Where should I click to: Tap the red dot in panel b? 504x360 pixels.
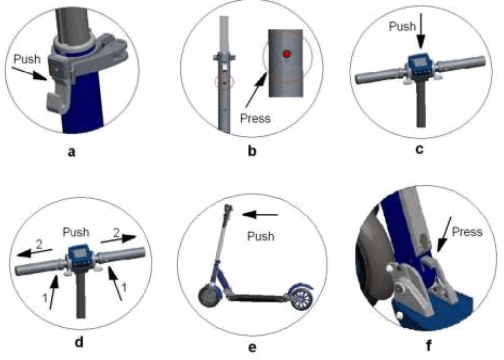(286, 54)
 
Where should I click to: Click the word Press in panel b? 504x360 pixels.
(255, 118)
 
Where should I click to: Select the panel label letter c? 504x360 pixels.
(420, 149)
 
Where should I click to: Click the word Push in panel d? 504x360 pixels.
(76, 232)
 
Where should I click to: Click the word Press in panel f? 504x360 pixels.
(468, 232)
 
